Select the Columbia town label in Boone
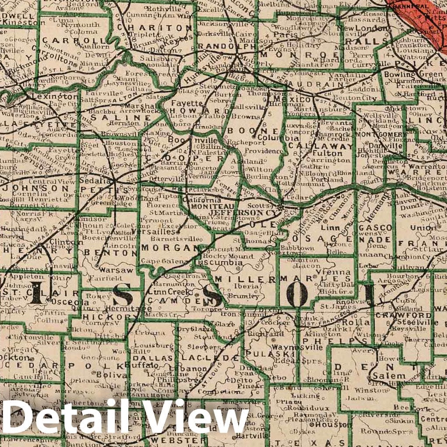pyautogui.click(x=272, y=138)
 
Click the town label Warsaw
pyautogui.click(x=116, y=270)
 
